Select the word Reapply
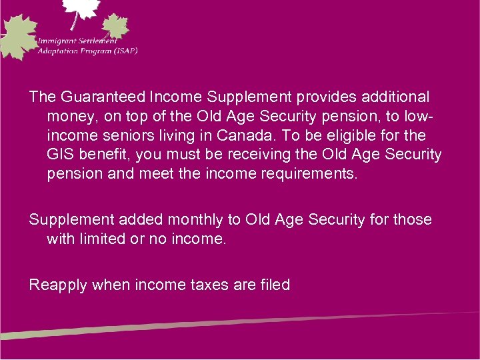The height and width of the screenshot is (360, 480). [58, 285]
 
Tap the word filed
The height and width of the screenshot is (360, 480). [271, 285]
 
